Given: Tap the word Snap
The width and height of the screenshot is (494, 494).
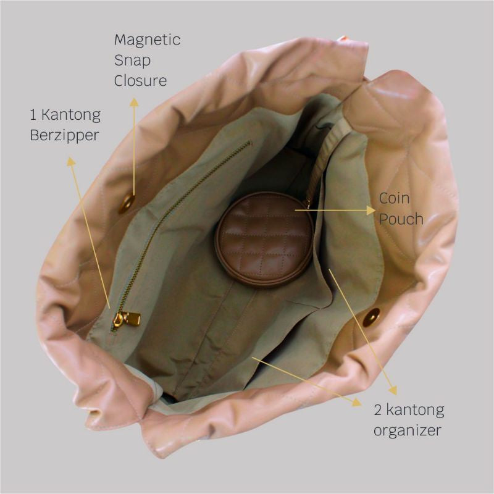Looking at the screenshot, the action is [x=132, y=61].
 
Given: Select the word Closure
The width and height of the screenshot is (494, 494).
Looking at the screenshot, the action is [x=140, y=80].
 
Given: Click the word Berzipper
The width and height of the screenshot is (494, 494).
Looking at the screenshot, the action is [x=64, y=135].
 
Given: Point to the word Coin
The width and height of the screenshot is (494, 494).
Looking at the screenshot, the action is [x=394, y=198].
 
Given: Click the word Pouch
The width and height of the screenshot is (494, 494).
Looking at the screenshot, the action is [x=401, y=219].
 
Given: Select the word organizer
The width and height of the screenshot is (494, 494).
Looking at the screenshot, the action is [x=407, y=430].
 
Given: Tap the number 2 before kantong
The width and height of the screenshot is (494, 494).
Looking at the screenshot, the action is [x=378, y=410].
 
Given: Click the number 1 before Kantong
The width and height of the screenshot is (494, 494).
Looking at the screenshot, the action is [x=33, y=115].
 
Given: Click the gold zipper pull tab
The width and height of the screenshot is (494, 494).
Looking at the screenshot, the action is [x=127, y=319].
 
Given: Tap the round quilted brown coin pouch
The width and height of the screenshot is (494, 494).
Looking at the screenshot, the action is [x=265, y=240].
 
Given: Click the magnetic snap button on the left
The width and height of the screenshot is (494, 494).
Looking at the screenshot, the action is [x=127, y=203].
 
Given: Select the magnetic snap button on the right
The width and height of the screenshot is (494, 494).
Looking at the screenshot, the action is [x=371, y=317].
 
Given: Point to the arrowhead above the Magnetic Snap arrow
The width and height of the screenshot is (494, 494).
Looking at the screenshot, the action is [x=134, y=102].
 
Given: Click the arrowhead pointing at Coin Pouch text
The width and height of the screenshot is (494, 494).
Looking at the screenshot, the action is [x=371, y=210].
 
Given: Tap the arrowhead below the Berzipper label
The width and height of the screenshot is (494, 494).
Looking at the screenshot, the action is [x=71, y=161].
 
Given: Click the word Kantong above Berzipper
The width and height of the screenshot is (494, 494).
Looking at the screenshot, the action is [x=71, y=115].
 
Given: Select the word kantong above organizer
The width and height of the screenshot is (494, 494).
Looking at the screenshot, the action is [x=415, y=411].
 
